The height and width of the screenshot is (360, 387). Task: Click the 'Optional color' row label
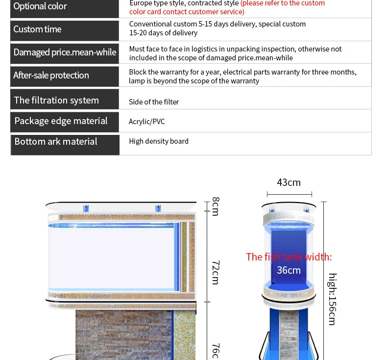(40, 6)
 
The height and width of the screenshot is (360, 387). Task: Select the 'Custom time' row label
(38, 29)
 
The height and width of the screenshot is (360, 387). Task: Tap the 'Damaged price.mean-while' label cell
(65, 52)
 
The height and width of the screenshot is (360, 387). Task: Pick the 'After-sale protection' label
(51, 76)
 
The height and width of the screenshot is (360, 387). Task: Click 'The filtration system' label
(56, 100)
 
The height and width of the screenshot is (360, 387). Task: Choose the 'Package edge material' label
(61, 121)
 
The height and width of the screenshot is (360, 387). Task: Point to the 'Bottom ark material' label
(56, 142)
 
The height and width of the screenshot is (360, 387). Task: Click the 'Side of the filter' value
(154, 102)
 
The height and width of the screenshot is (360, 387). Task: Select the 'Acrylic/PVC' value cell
(147, 122)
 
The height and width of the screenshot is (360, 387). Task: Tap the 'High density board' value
(159, 141)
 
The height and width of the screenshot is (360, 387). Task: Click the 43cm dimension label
(289, 182)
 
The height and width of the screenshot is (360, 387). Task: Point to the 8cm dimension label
(216, 206)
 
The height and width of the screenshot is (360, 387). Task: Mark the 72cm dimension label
(216, 272)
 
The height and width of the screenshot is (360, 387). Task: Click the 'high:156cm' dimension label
(332, 299)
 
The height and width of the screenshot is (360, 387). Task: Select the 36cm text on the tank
(289, 270)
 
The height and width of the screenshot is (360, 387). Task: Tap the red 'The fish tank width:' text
(289, 257)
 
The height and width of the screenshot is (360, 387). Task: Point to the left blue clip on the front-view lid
(86, 208)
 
